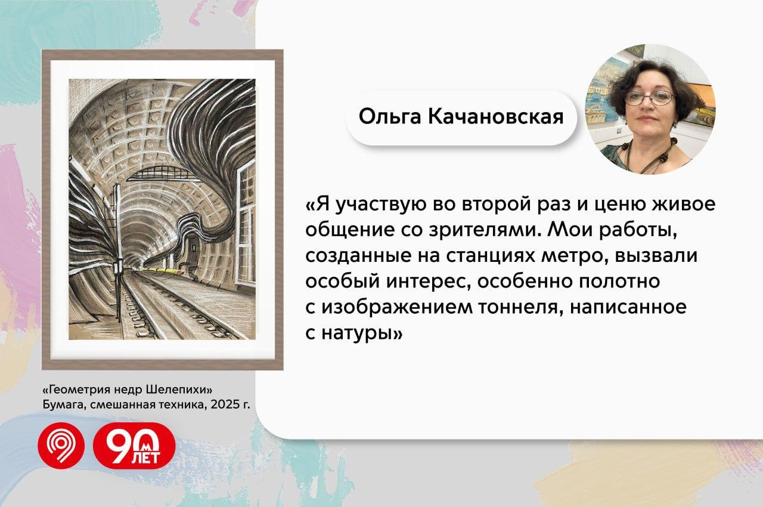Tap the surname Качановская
pos(495,116)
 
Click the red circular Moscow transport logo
pos(61,446)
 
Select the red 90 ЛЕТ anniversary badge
pos(134,446)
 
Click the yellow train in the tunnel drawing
pos(163,271)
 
